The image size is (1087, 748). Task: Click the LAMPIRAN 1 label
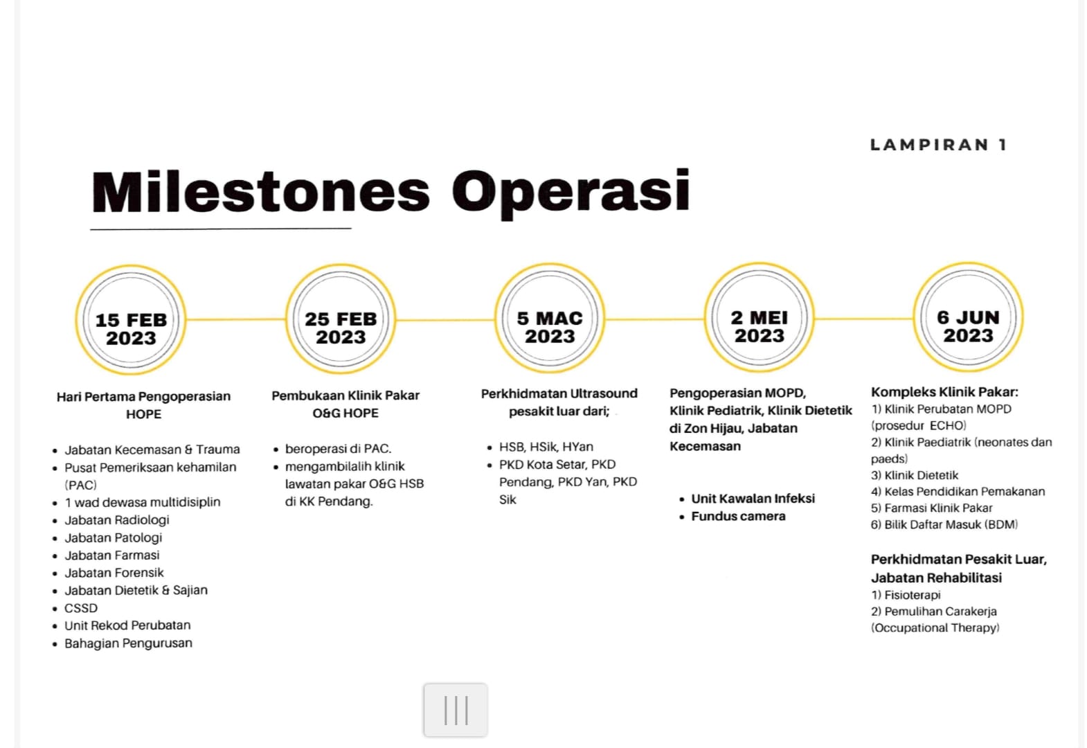938,145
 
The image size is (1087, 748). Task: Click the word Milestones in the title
260,192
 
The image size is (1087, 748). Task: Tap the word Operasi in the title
571,192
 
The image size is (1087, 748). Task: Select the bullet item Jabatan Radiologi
116,520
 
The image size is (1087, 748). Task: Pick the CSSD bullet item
81,608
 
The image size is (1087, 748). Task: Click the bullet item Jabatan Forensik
114,573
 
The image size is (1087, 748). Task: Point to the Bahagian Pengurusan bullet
128,643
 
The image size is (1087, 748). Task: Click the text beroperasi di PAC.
338,449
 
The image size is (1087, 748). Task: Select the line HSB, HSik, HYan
546,447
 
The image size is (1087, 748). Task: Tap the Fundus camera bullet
738,516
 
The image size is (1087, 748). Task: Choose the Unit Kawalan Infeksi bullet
753,499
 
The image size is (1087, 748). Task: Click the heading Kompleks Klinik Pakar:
944,392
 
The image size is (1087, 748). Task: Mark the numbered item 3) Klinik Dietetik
915,475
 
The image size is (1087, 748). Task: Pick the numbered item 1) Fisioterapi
906,595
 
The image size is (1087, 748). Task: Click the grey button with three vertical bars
456,710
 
